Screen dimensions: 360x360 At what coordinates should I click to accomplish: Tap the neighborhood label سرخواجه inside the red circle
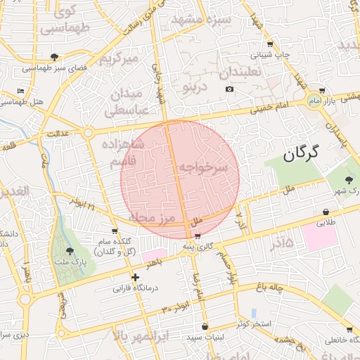point(203,167)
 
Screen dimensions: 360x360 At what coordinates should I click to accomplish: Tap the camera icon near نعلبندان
point(229,89)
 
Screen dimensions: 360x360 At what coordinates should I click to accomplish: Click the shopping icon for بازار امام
point(321,91)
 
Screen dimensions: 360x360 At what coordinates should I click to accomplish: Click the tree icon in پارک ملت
point(69,250)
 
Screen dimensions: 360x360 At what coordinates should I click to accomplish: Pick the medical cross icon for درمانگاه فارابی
point(135,278)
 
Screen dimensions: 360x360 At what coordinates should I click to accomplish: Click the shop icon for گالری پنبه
point(198,236)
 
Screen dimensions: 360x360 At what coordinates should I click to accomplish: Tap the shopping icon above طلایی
point(326,212)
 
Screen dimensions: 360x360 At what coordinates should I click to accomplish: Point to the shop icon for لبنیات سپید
point(205,327)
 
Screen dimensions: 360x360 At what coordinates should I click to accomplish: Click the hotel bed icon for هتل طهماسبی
point(21,91)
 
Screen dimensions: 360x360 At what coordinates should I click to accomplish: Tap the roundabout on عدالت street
point(88,132)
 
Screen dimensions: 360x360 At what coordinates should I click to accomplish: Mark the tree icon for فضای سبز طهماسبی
point(55,57)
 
